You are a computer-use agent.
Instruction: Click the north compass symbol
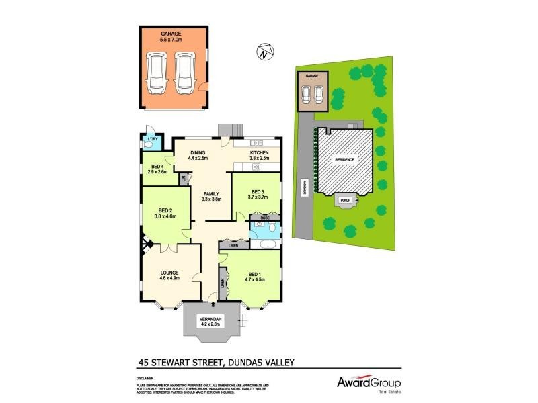(264, 50)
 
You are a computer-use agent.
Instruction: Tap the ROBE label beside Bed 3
(260, 218)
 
